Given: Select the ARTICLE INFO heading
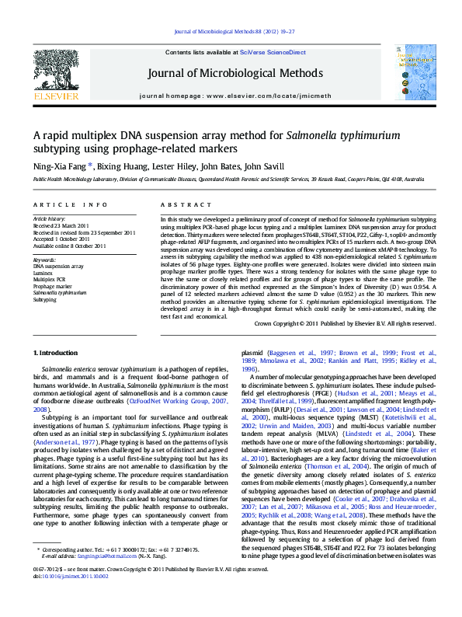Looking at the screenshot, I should (70, 204).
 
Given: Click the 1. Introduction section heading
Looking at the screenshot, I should (56, 353).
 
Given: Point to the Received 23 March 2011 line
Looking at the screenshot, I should (61, 225).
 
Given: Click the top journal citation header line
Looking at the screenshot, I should (234, 32).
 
